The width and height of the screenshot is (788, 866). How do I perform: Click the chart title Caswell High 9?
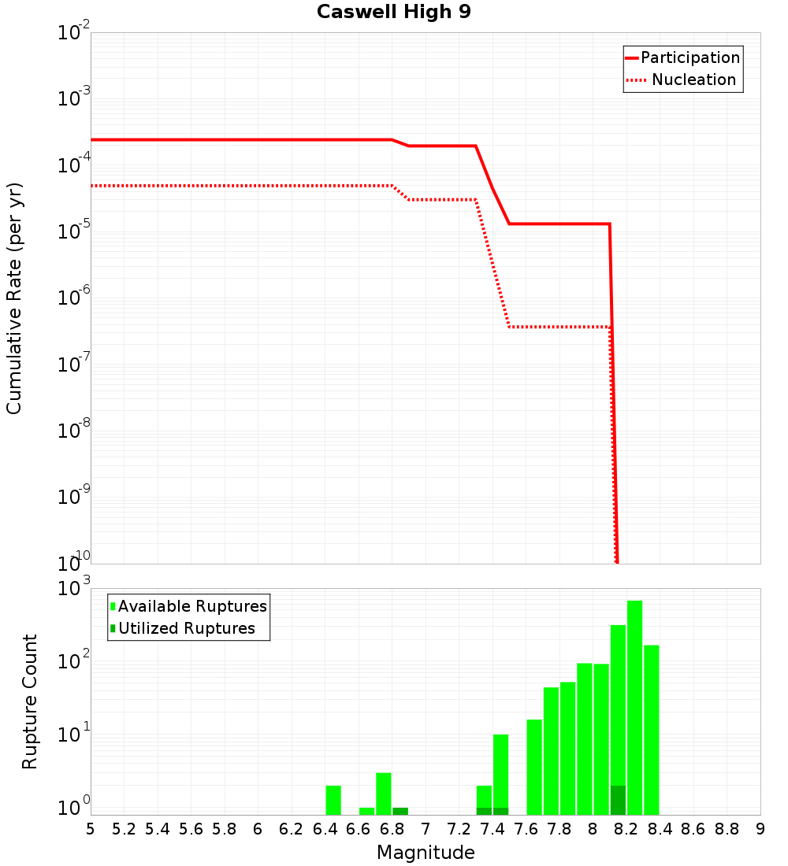[x=393, y=13]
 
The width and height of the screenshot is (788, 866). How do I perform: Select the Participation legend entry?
[x=682, y=57]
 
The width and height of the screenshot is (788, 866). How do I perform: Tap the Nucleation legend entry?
[x=682, y=80]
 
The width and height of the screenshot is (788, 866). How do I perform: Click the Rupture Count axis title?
[x=30, y=701]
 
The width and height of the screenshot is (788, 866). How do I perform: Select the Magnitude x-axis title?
[x=426, y=852]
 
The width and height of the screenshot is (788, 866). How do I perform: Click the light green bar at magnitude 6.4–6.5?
[x=333, y=799]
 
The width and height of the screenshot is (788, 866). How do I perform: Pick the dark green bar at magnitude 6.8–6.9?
[x=400, y=811]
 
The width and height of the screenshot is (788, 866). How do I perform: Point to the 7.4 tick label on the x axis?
[x=492, y=829]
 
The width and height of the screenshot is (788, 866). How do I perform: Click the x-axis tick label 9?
[x=760, y=829]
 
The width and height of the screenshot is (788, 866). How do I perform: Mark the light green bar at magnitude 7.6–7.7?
[x=534, y=767]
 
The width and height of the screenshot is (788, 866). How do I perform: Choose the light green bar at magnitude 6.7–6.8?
[x=384, y=794]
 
